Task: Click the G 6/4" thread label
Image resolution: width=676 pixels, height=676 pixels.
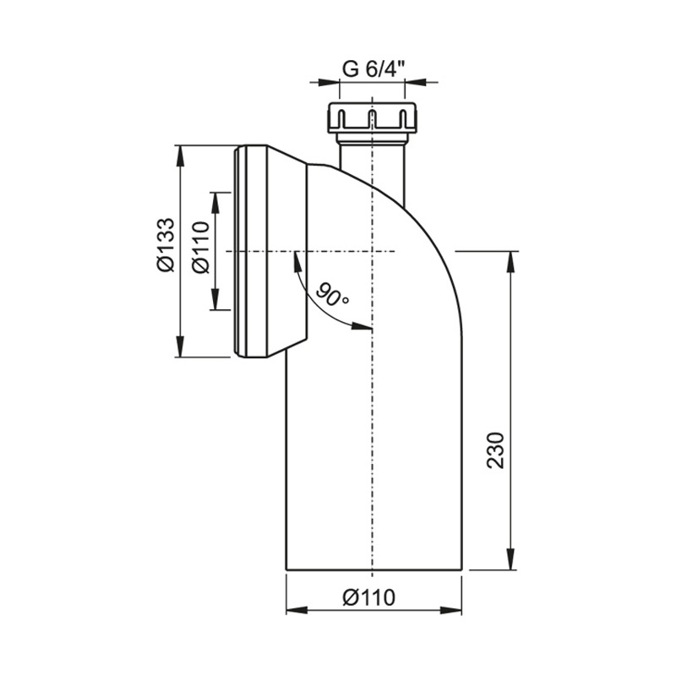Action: [x=373, y=69]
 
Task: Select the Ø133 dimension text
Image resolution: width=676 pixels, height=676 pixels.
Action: [x=166, y=244]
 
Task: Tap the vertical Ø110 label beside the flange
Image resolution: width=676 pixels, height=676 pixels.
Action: [x=201, y=247]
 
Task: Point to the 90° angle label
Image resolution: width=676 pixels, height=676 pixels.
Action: [x=332, y=295]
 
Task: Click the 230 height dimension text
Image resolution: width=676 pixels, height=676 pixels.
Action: [x=495, y=450]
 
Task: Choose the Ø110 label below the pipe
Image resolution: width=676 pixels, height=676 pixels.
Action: [x=369, y=597]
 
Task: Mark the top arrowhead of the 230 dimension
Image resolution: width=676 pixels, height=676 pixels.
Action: [x=511, y=261]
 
